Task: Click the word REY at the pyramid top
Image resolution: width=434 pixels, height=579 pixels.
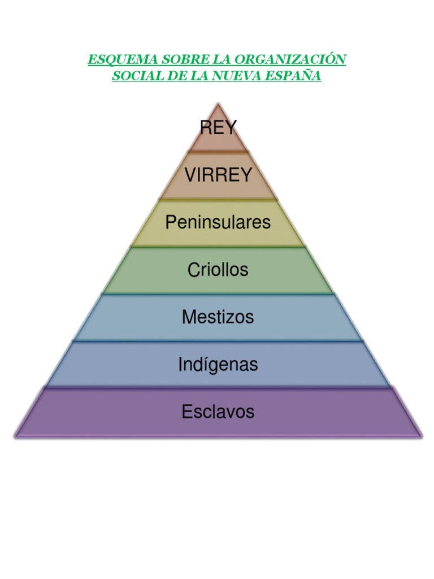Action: [x=218, y=128]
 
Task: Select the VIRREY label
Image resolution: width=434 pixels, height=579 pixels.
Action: [x=218, y=175]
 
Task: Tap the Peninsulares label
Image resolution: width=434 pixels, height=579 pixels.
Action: [x=218, y=222]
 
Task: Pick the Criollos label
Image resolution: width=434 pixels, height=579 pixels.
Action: [x=218, y=270]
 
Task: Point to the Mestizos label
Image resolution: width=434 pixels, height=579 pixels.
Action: [x=218, y=317]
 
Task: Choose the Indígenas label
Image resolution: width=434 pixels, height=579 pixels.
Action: [x=218, y=364]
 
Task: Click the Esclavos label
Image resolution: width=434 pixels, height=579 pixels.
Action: [x=218, y=412]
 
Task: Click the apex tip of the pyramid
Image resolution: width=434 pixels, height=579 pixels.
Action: [x=218, y=103]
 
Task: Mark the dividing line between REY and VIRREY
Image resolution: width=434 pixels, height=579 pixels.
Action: [x=218, y=152]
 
